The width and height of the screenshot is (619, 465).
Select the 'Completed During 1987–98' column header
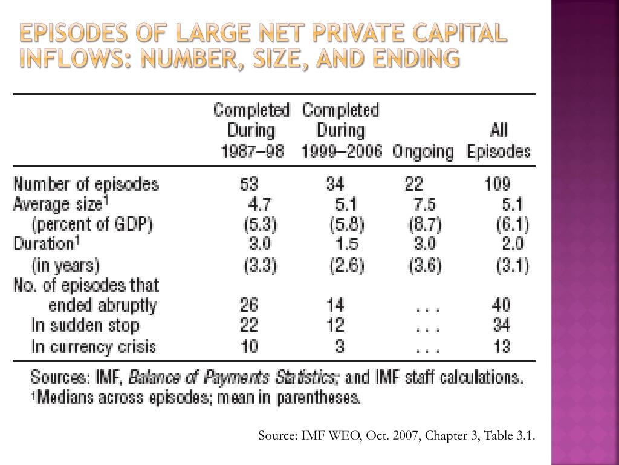click(x=251, y=131)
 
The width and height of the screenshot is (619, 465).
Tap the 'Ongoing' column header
click(x=423, y=151)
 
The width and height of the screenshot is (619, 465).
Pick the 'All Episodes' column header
click(x=499, y=141)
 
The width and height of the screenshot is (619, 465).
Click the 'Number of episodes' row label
click(x=86, y=184)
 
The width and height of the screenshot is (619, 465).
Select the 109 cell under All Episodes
click(x=498, y=184)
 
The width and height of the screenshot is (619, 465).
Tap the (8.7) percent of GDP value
click(x=424, y=225)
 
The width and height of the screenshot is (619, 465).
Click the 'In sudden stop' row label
click(x=85, y=326)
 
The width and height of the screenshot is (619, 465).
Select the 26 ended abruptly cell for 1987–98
click(x=249, y=305)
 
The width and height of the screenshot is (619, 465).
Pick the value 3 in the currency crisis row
click(x=339, y=347)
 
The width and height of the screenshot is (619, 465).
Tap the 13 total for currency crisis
click(x=501, y=347)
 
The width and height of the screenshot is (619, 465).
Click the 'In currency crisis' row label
click(x=93, y=347)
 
